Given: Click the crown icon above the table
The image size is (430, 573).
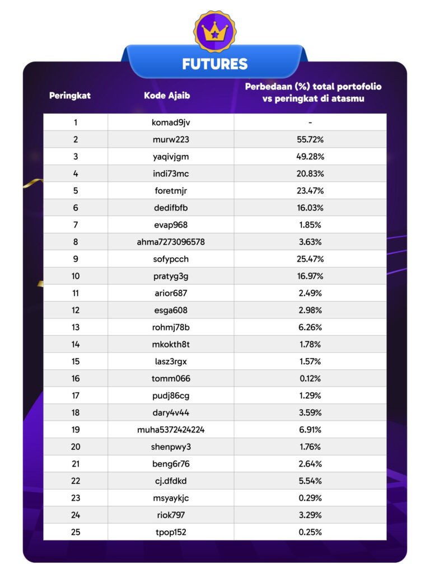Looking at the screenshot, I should pos(215,32).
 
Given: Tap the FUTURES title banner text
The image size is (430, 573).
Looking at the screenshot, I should pos(215,64).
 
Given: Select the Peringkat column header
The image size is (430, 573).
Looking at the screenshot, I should pos(70,95).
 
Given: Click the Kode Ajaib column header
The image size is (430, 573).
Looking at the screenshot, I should pos(167,95).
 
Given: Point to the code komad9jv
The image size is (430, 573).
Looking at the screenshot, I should pos(171,123).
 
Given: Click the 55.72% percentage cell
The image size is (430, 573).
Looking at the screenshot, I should pos(310,139).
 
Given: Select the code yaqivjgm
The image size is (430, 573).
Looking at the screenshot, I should pos(171,157).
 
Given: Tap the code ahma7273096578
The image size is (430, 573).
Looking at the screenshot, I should pos(171,242).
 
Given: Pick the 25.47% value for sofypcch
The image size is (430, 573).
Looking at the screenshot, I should pos(310,259).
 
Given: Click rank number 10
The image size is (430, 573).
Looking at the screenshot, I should pos(76,276).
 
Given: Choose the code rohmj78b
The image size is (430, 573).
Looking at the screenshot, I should pos(171,327).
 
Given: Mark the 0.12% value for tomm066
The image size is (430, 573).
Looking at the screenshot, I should pos(310,379).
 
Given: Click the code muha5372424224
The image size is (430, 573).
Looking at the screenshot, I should pos(171,430).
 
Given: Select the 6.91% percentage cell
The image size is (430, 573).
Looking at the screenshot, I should pos(310,430).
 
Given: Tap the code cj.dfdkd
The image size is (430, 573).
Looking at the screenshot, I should pos(171,481).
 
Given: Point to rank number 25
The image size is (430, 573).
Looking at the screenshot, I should pos(76,532).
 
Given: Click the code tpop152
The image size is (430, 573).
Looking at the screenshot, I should pos(171,532).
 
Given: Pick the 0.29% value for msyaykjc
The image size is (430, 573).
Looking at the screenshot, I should pos(310,498).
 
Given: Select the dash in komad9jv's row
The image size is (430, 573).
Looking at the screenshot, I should pos(310,123).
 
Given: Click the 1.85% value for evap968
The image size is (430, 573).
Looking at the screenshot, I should pos(310,225).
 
